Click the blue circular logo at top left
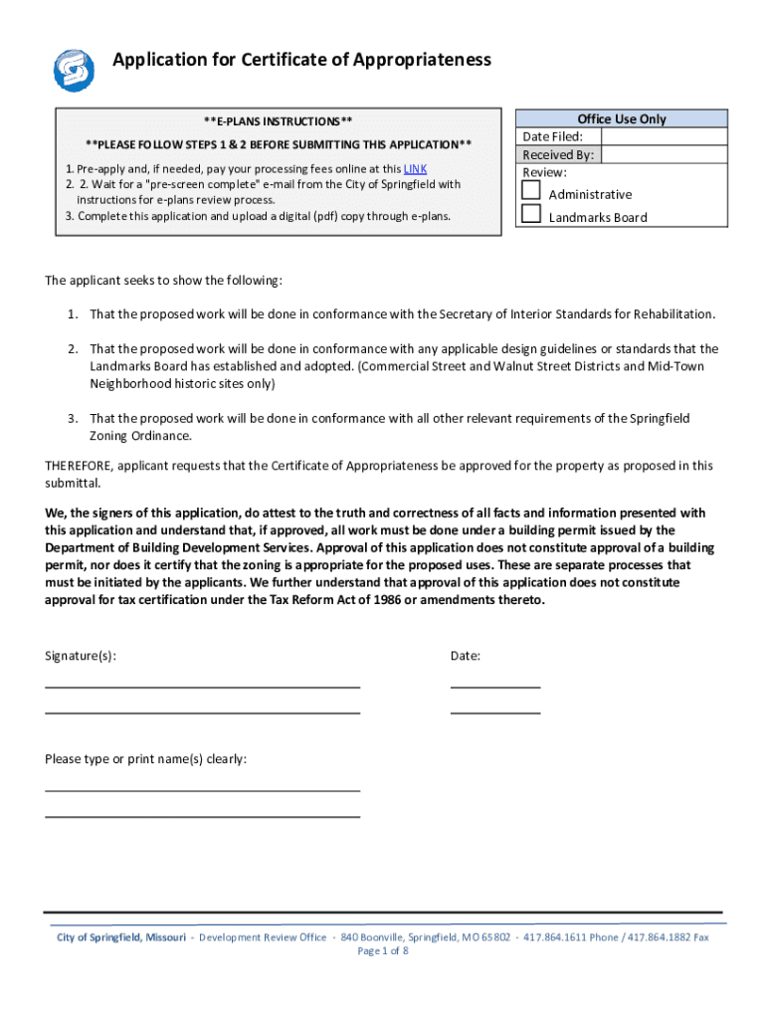click(74, 69)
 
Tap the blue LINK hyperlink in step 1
click(415, 169)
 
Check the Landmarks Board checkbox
click(532, 213)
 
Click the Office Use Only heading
click(622, 119)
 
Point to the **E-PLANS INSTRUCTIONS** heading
click(278, 121)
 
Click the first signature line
click(202, 686)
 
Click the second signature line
click(202, 712)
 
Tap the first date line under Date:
click(494, 686)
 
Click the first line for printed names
click(202, 790)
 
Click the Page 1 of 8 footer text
click(383, 951)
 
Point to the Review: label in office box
click(544, 172)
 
